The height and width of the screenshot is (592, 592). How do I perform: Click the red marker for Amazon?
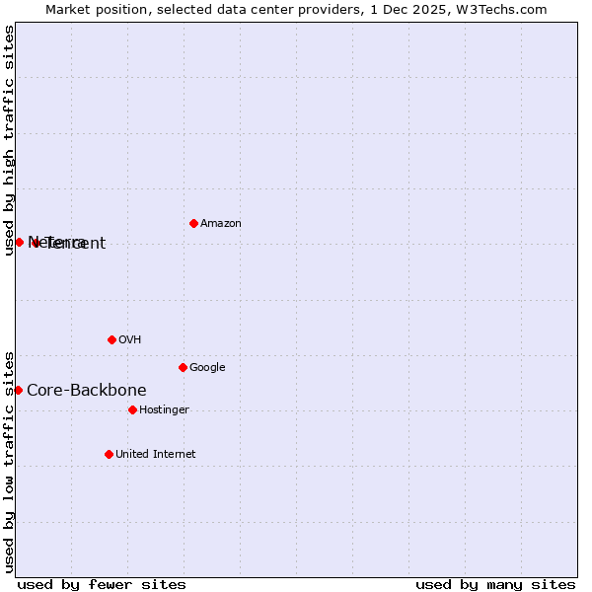point(193,223)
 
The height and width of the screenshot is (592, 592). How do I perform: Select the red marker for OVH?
point(111,339)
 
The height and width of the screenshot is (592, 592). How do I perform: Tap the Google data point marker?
point(183,367)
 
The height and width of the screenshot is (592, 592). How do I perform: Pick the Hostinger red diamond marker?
point(132,409)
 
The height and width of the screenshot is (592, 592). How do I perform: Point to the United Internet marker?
point(109,454)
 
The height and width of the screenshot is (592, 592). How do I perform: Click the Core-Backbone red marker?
point(18,390)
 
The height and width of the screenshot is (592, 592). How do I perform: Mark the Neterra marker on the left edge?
point(19,242)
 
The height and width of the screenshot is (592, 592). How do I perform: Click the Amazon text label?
point(221,224)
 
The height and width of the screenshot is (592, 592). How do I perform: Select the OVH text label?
point(130,340)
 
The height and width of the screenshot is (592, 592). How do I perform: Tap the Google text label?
point(207,368)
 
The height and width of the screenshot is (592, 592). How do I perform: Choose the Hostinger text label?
point(164,410)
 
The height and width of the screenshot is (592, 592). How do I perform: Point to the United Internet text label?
point(156,455)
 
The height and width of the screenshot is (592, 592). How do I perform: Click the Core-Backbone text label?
point(87,391)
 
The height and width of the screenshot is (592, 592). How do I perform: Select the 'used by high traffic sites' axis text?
point(9,140)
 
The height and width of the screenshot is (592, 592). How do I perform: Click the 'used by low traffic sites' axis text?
point(9,461)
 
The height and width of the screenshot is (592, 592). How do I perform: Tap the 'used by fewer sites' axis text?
point(102,584)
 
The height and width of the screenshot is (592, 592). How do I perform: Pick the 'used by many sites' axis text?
point(495,584)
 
